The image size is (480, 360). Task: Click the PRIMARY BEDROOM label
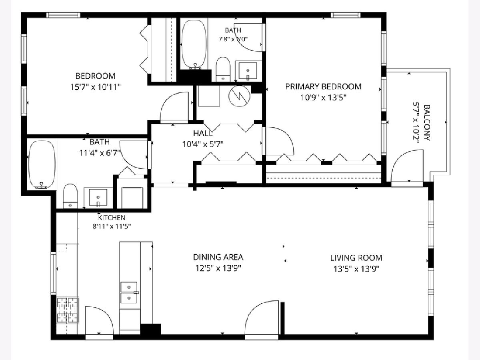[323, 86]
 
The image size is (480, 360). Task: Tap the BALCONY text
[427, 123]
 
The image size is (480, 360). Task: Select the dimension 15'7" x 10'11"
[95, 87]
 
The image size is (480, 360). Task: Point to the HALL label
[203, 133]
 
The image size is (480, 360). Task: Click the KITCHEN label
[112, 218]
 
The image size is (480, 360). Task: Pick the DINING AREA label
[218, 257]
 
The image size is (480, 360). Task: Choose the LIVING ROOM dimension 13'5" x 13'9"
[356, 269]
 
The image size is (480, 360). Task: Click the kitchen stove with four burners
[68, 310]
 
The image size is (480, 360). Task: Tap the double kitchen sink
[129, 292]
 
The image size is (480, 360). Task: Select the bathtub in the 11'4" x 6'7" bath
[42, 164]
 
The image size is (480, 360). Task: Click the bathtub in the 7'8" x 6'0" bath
[194, 45]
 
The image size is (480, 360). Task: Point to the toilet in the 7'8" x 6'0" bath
[223, 69]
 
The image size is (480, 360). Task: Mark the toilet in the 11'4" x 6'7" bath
[70, 196]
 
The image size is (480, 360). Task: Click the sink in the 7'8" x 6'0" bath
[248, 71]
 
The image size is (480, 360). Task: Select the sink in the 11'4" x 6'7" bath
[98, 198]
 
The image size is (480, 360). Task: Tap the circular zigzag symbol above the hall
[240, 96]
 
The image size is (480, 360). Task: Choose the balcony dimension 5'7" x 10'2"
[416, 123]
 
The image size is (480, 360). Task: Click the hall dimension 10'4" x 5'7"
[203, 144]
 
